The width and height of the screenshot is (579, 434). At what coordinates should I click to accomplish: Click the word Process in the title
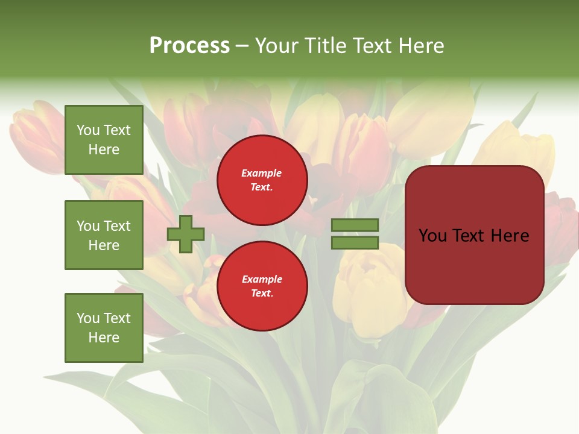click(189, 46)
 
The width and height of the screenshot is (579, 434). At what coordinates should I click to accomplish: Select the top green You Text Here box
click(104, 140)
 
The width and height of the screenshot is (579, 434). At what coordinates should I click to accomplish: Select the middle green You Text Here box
click(104, 235)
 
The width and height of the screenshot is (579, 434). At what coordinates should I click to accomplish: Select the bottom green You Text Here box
click(104, 327)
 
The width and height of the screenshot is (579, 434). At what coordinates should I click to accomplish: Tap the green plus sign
click(186, 234)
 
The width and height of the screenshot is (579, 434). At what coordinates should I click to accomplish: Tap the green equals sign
click(355, 234)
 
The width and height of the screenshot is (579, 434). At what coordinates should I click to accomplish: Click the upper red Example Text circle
click(262, 180)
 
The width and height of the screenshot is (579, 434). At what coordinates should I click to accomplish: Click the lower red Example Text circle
click(262, 286)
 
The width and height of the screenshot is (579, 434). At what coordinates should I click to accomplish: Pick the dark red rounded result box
click(474, 235)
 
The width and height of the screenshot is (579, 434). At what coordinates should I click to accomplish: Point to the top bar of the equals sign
click(355, 225)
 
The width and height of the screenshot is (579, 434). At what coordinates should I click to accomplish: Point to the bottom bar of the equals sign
click(355, 243)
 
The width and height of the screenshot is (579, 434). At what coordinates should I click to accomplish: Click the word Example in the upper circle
click(262, 173)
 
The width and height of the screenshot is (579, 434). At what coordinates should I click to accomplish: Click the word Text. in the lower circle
click(262, 294)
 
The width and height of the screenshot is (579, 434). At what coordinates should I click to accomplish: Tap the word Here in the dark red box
click(510, 235)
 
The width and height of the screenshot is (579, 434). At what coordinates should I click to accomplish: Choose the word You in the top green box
click(88, 130)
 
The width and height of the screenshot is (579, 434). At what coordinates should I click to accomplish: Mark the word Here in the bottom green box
click(104, 338)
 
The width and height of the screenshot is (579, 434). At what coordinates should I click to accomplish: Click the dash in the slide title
click(242, 46)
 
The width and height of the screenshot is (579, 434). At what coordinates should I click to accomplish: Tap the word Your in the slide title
click(277, 46)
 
